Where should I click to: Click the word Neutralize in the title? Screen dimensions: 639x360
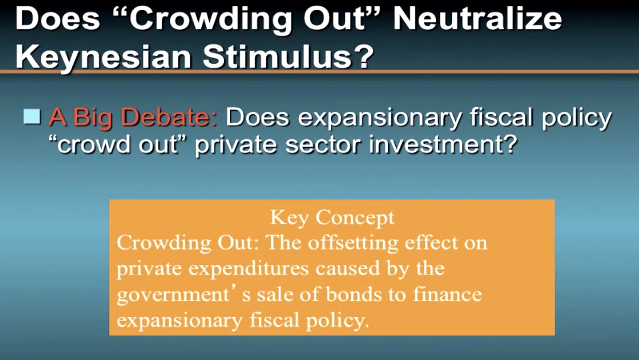click(477, 19)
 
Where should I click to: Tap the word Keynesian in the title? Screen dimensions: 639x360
click(103, 57)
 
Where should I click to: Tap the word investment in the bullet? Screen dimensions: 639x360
click(443, 144)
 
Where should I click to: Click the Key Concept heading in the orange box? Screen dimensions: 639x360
click(332, 218)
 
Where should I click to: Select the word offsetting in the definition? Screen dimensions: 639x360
click(353, 244)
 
